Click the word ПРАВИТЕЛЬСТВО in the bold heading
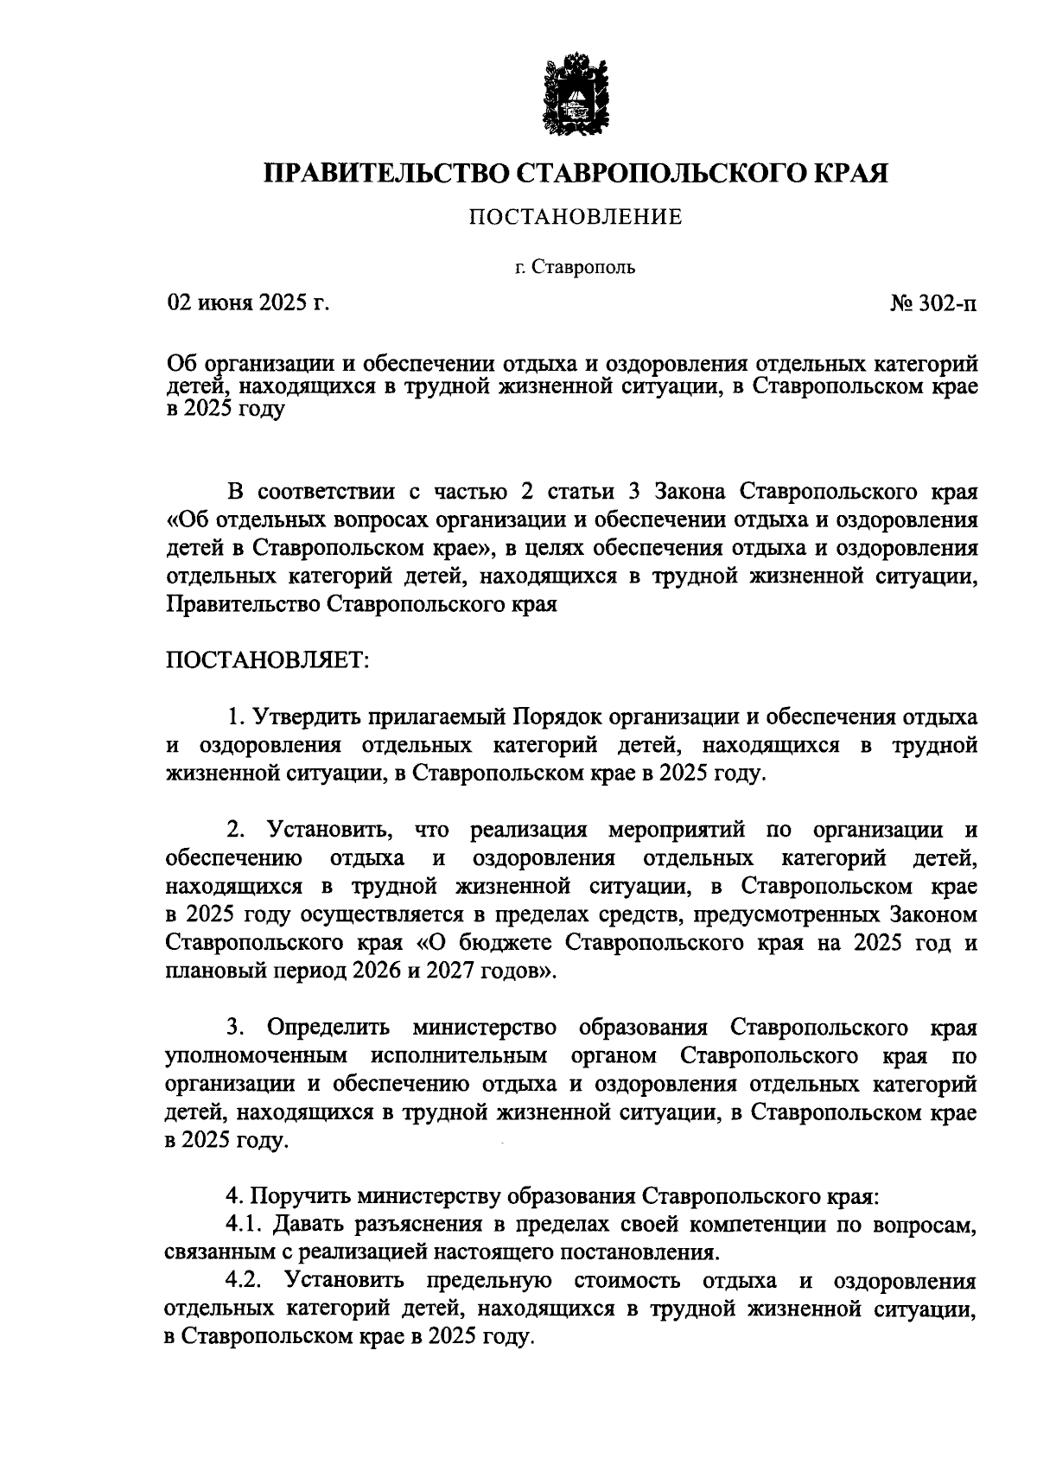(x=387, y=172)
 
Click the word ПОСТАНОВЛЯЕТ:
(x=267, y=659)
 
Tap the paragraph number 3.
(x=235, y=1028)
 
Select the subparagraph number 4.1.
(x=244, y=1225)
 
